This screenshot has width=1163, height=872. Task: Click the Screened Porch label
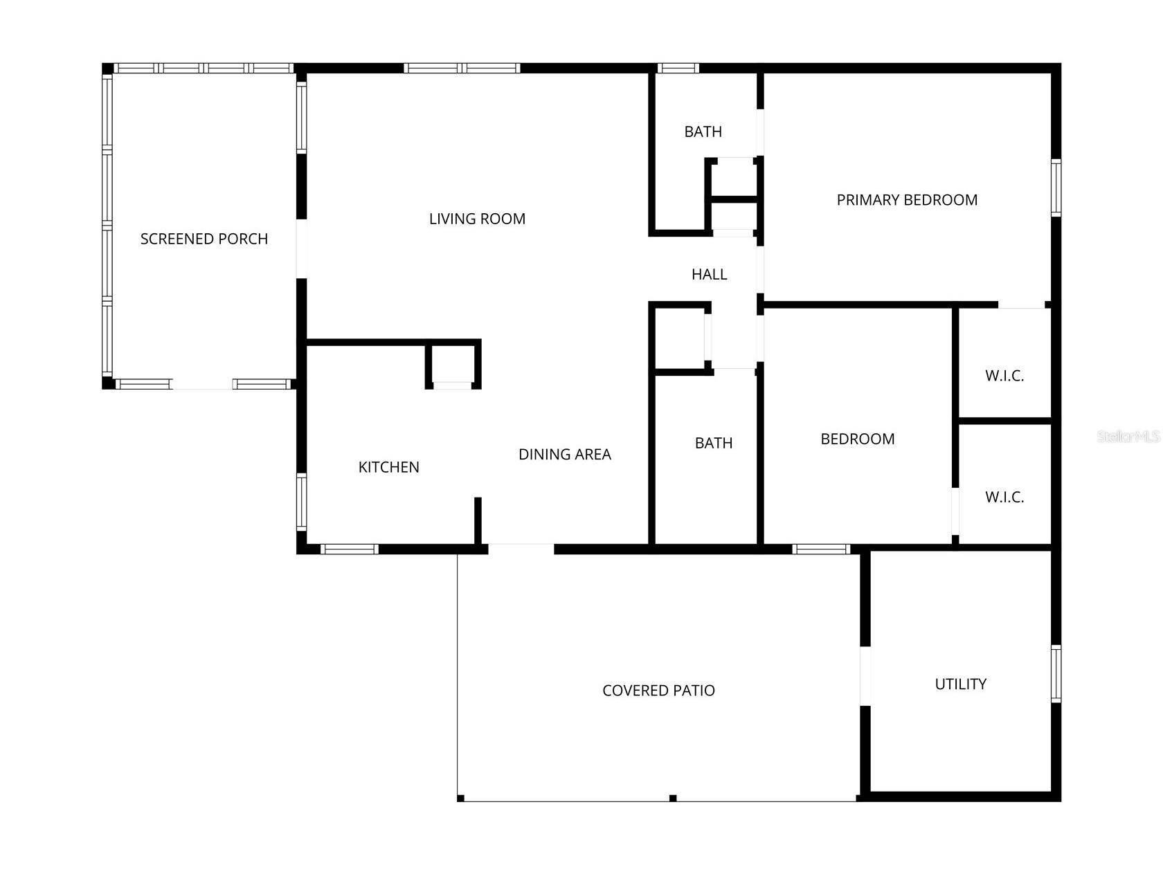click(x=204, y=239)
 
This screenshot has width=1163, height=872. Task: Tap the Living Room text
click(x=477, y=219)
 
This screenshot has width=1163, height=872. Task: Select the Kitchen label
click(x=388, y=467)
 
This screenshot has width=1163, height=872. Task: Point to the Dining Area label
click(x=564, y=455)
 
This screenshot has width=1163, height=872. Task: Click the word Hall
click(x=709, y=274)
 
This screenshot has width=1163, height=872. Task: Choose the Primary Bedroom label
click(x=907, y=200)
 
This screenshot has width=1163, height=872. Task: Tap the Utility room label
click(x=960, y=684)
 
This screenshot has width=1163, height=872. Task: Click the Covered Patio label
click(x=658, y=690)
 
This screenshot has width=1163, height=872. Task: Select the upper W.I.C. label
click(x=1004, y=376)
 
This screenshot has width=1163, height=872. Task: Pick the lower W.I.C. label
click(x=1004, y=497)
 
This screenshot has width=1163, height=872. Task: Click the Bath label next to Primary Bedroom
click(x=703, y=131)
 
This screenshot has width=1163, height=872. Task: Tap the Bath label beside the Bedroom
click(x=713, y=443)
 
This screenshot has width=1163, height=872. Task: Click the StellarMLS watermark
click(x=1128, y=436)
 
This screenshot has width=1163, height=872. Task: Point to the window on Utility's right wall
click(x=1056, y=673)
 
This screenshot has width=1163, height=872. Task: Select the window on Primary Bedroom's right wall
click(x=1056, y=188)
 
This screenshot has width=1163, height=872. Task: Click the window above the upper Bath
click(x=678, y=68)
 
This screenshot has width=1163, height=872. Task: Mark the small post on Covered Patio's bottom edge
click(x=672, y=798)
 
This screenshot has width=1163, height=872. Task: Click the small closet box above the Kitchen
click(x=453, y=365)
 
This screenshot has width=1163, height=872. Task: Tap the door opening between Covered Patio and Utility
click(x=865, y=675)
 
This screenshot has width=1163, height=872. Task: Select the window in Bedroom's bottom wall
click(x=821, y=549)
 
